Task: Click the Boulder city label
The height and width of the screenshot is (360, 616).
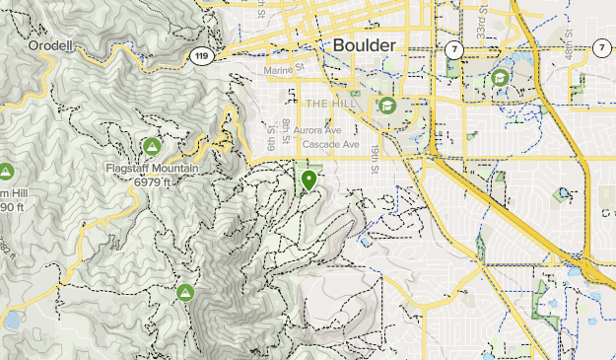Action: coord(364,45)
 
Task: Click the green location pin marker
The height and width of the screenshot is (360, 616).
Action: coord(309,180)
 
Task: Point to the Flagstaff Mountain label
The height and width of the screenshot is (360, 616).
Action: coord(152,168)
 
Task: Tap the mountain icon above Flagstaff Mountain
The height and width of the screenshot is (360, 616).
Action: coord(152,147)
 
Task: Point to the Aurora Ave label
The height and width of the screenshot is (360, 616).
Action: coord(317,130)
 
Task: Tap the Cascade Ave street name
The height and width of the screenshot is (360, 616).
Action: coord(330,144)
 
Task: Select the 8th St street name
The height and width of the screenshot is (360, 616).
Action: coord(285,127)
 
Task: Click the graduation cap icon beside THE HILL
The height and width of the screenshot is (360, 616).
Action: coord(386,103)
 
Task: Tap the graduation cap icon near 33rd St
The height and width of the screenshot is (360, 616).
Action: coord(500,78)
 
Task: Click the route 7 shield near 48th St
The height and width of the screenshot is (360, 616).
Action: coord(601,47)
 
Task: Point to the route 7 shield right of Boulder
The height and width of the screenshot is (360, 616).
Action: coord(453,48)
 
